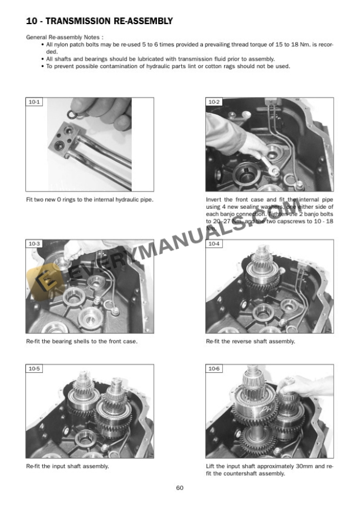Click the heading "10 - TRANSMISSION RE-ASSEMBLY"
click(x=99, y=22)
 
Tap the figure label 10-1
click(x=34, y=102)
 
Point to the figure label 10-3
click(x=34, y=244)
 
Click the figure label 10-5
click(x=34, y=369)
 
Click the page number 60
click(x=180, y=487)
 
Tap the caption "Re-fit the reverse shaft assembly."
click(x=251, y=342)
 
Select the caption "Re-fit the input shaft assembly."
click(x=67, y=466)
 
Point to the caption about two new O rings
click(x=89, y=199)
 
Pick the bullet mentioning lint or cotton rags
click(x=168, y=66)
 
